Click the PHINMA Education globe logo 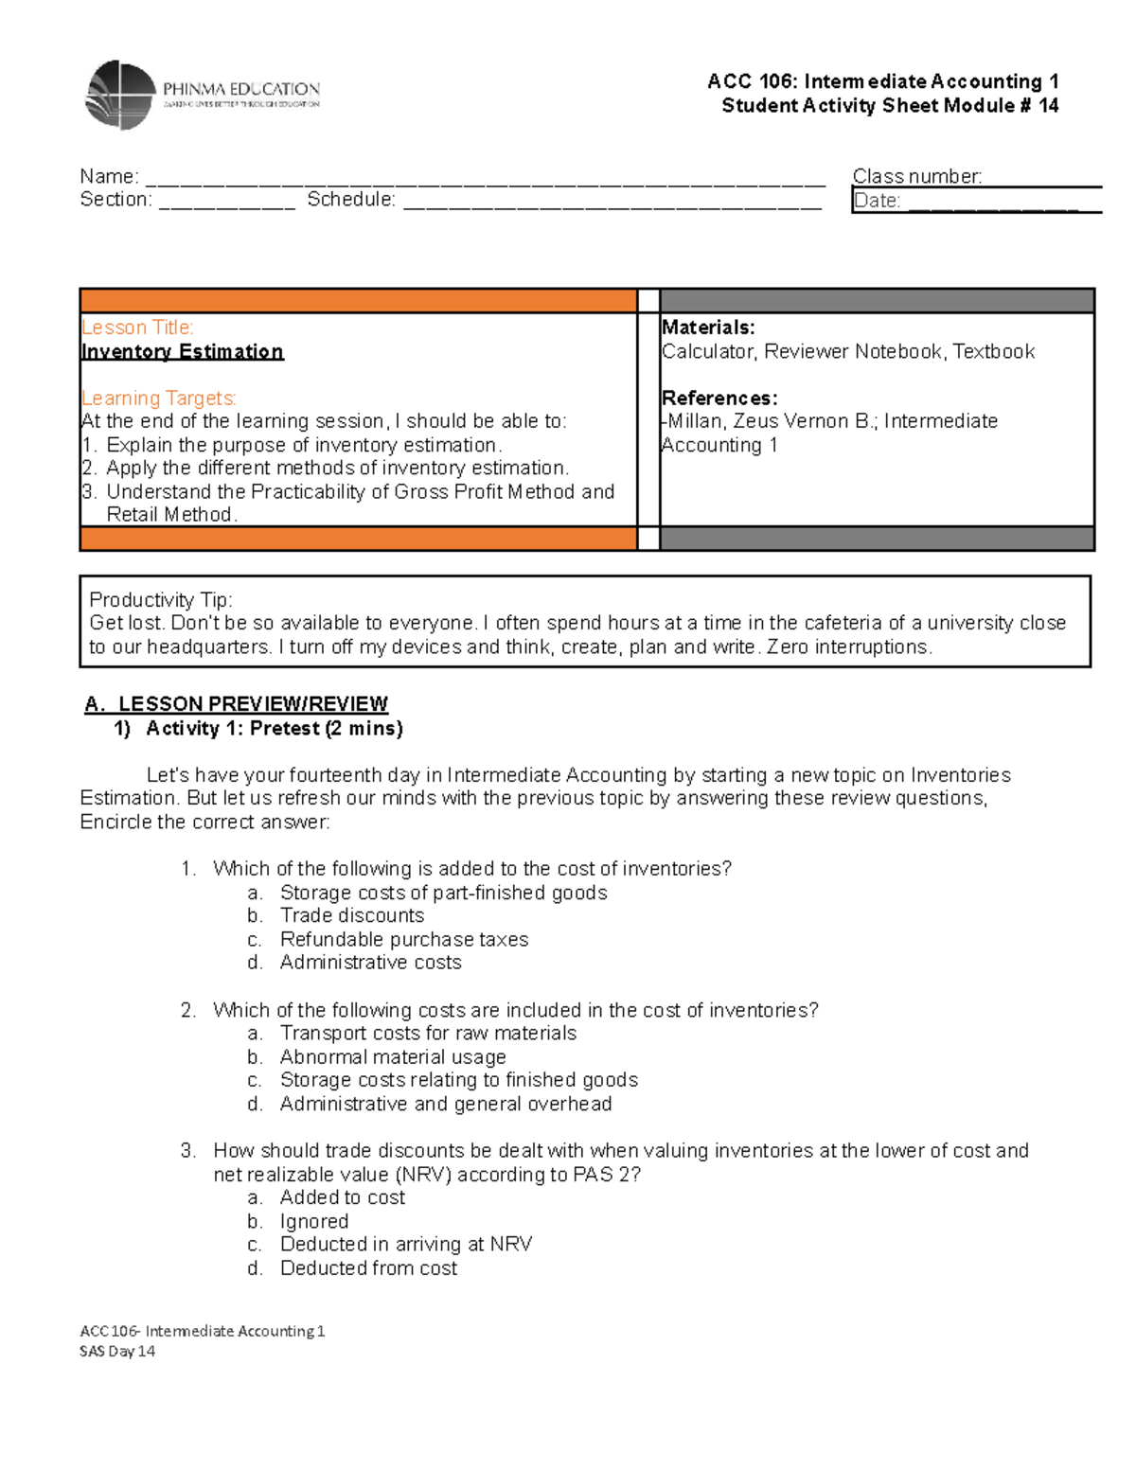coord(120,95)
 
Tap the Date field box coord(975,201)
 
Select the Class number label coord(916,176)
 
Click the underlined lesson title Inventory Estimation coord(182,351)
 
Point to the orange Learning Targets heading coord(158,398)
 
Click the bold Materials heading coord(708,328)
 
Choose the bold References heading coord(719,398)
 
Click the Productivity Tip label coord(160,599)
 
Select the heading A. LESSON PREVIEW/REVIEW coord(236,703)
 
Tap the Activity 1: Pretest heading coord(274,728)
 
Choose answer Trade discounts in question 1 coord(351,915)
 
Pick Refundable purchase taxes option coord(403,939)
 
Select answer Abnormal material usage coord(392,1056)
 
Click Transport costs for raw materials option coord(428,1033)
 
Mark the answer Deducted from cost coord(368,1267)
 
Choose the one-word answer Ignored coord(313,1221)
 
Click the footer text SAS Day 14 coord(117,1351)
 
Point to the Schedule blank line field coord(612,202)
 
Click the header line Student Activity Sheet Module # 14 coord(889,105)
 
